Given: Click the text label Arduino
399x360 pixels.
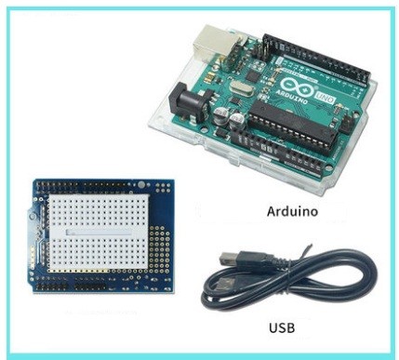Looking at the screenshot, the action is pos(292,212).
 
